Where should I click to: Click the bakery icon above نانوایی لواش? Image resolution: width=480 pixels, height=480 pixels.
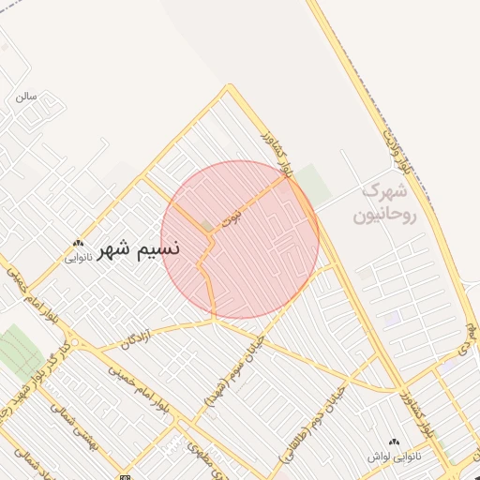click(x=392, y=442)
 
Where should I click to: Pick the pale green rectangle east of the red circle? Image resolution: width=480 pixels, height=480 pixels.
click(x=315, y=185)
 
